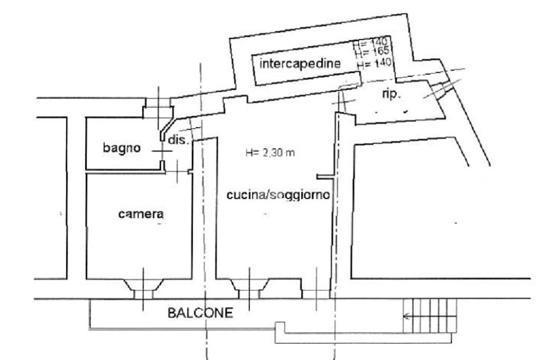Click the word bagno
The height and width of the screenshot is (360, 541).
point(122,148)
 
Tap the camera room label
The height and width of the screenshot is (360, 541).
point(140,214)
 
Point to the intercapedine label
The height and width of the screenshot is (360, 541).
point(300,64)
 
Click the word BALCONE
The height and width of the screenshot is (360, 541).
point(200,313)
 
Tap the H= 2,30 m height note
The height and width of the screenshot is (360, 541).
point(270,153)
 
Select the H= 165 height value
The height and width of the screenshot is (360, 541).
point(372,51)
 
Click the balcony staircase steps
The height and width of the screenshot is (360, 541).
point(430,316)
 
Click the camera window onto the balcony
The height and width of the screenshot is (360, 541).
point(143,289)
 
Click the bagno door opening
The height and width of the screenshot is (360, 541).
point(163,151)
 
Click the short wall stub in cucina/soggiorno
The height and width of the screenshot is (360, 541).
point(324,176)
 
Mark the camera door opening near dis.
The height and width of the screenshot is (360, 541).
point(178,170)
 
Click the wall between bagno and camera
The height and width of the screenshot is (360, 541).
point(124,172)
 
